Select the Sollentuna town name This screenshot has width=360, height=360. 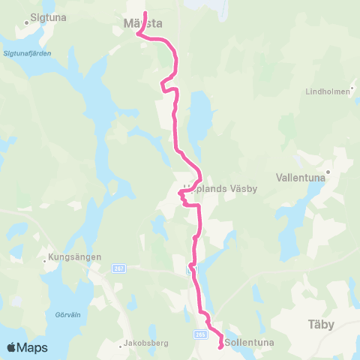click(x=250, y=343)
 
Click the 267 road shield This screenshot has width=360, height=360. click(x=118, y=268)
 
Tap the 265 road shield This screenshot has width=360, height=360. click(x=201, y=335)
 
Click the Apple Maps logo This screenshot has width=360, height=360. click(x=27, y=347)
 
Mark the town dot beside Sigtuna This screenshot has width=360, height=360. click(x=26, y=22)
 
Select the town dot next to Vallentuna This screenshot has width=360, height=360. click(x=327, y=171)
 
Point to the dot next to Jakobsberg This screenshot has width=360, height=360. click(x=120, y=346)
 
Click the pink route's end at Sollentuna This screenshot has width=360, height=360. click(x=220, y=346)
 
